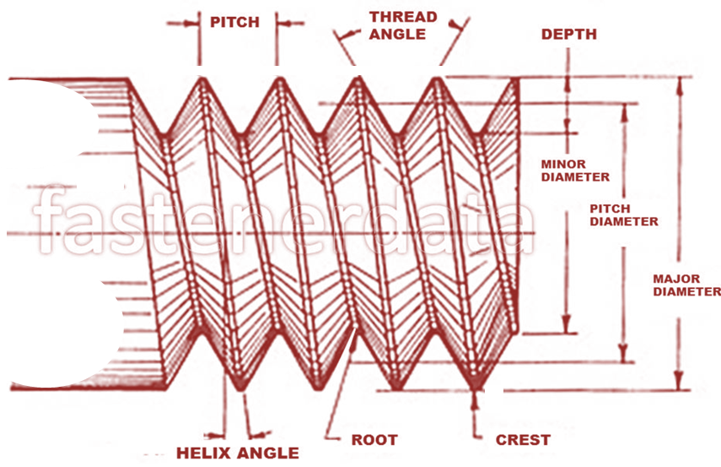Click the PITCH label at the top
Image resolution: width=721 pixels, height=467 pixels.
click(x=235, y=22)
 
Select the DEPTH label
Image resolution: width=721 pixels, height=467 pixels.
click(x=569, y=35)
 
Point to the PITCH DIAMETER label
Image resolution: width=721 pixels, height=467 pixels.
click(x=624, y=214)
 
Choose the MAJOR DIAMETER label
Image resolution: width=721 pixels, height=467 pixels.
click(x=687, y=285)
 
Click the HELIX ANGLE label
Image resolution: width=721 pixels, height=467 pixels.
click(x=238, y=453)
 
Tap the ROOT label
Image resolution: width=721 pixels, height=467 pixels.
click(x=374, y=440)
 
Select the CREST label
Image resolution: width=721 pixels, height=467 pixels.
click(x=523, y=440)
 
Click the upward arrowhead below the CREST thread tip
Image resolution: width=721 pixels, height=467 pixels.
click(x=478, y=396)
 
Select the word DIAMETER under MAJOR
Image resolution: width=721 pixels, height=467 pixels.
click(x=687, y=292)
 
